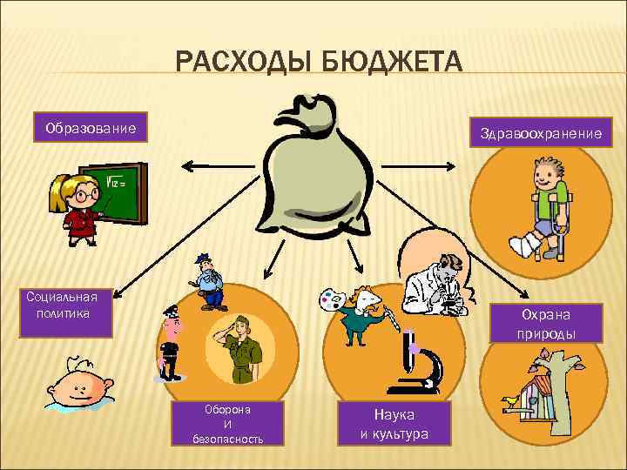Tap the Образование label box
coord(91,129)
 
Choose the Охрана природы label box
coord(548,323)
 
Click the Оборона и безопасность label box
coord(227,424)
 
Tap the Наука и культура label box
coord(394,424)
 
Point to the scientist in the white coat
coord(440,283)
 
